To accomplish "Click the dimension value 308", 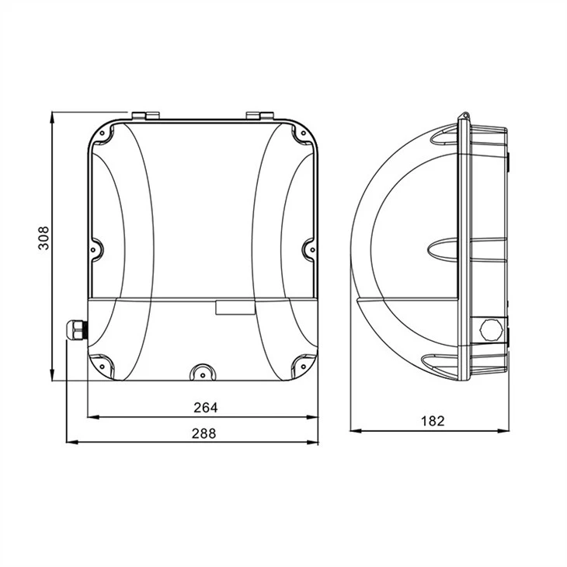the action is pos(43,238).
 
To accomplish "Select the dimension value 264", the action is pos(206,408).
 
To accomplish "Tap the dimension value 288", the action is pos(204,433).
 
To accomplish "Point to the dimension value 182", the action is pos(433,421).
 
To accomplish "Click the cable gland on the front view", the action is pos(76,329).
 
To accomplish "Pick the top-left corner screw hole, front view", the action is pos(103,133).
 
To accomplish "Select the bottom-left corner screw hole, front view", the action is pos(103,367).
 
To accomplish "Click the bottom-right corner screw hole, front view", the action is pos(304,367).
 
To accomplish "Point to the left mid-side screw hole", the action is pos(94,249).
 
